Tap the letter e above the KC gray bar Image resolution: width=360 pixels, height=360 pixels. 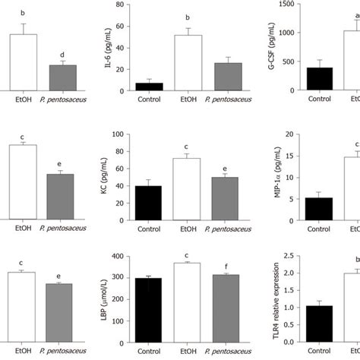(x=237, y=189)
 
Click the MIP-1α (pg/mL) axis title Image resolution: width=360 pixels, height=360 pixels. (x=286, y=176)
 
